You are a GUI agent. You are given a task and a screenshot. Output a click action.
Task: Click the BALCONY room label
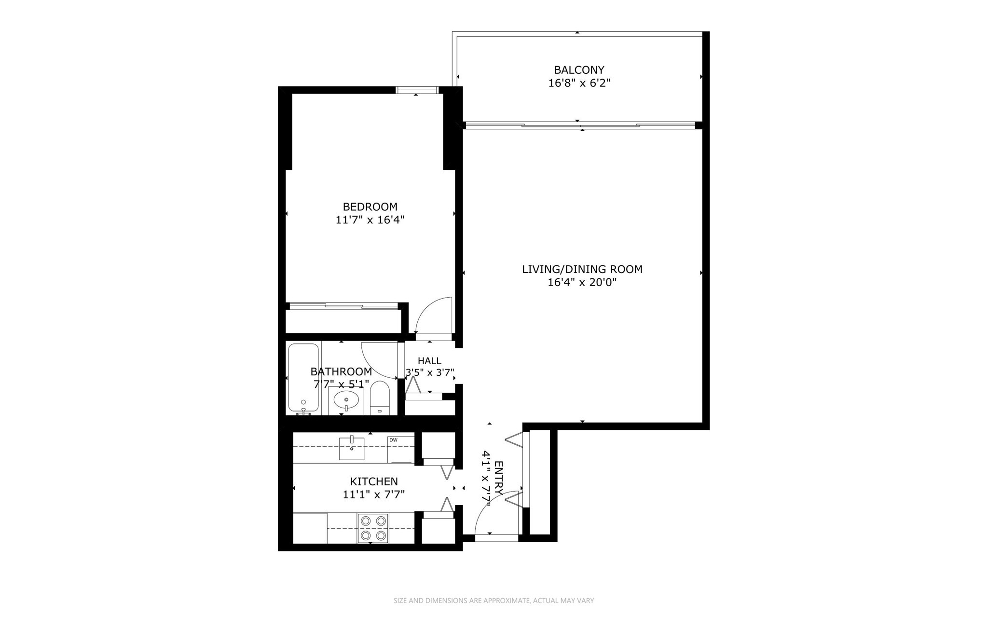point(579,70)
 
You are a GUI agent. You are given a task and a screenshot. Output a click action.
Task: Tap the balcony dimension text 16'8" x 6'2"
point(579,83)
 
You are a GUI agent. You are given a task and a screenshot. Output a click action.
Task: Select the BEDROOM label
point(370,207)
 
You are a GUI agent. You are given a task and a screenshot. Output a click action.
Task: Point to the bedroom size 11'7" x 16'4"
point(370,220)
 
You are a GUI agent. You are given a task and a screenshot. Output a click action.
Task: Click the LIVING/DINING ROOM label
point(582,269)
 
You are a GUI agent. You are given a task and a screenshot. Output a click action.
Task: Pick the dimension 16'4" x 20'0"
point(582,282)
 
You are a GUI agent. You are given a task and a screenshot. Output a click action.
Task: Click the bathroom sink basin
point(346,400)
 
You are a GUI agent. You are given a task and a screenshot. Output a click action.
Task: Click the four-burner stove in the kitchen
point(372,528)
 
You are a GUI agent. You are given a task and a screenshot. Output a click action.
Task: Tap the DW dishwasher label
point(393,440)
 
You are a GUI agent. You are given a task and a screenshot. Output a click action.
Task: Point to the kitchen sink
point(352,447)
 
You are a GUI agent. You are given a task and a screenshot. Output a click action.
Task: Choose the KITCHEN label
point(374,481)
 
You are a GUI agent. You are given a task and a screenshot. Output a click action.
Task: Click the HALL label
point(429,361)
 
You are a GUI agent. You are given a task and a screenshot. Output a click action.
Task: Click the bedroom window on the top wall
point(417,90)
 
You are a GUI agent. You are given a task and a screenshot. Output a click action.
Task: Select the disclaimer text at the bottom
point(494,601)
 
